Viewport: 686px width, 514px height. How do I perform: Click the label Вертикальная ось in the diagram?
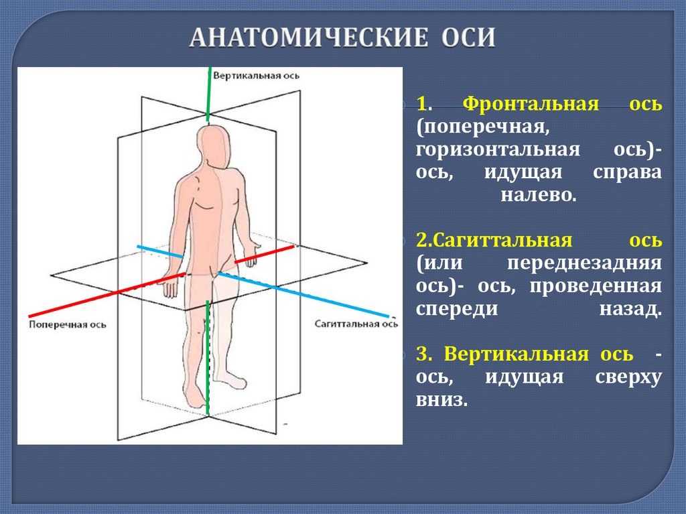[x=257, y=76]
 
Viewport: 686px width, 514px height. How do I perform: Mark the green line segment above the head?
[x=209, y=94]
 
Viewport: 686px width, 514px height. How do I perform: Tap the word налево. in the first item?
[x=538, y=196]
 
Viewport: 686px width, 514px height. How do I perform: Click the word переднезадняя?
[x=584, y=263]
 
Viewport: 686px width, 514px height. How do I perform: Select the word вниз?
[x=440, y=400]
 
